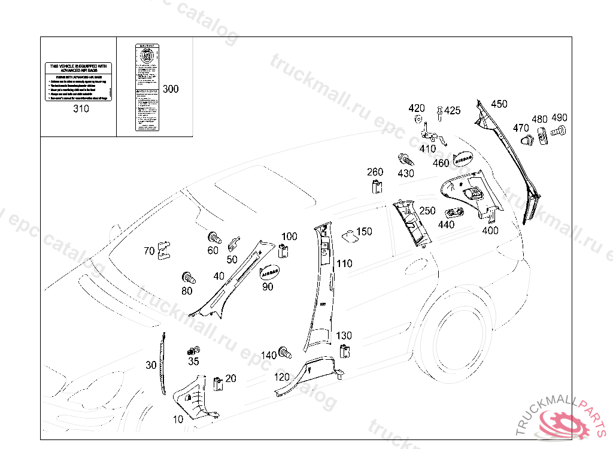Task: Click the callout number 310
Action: [81, 109]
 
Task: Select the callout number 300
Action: [171, 89]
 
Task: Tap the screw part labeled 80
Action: [189, 278]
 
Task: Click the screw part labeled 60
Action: [214, 236]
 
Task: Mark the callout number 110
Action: [344, 263]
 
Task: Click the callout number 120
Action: [282, 377]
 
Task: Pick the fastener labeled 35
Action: [193, 351]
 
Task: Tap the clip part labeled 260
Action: [376, 187]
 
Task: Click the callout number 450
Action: [499, 104]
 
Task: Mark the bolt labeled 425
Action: [440, 112]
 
